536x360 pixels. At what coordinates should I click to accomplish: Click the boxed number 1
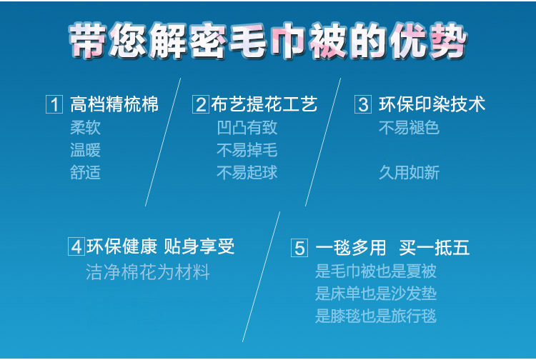(x=54, y=104)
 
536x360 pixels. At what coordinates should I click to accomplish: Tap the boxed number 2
(x=201, y=104)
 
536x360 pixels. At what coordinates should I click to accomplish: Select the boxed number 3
(x=363, y=104)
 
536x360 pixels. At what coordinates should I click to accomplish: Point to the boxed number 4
(x=76, y=246)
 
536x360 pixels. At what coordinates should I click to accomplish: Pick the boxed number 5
(x=299, y=248)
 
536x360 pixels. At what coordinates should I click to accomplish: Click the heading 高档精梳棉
(x=114, y=104)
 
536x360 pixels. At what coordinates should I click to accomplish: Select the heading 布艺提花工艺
(x=264, y=104)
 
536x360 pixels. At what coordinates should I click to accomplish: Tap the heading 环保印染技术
(x=432, y=104)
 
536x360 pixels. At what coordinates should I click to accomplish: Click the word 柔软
(x=86, y=128)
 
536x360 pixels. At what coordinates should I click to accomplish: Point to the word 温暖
(x=86, y=150)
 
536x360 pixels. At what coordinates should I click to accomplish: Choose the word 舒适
(x=86, y=172)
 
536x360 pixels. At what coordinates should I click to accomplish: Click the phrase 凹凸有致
(x=247, y=128)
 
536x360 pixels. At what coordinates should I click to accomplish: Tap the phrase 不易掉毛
(x=247, y=150)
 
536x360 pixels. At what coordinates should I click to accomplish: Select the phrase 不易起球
(x=247, y=172)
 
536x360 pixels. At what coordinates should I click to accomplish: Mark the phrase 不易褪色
(x=410, y=128)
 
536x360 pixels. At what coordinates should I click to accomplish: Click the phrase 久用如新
(x=410, y=172)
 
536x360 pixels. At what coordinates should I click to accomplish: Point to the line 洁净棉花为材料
(x=148, y=272)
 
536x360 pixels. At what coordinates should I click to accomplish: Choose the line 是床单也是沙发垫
(x=376, y=294)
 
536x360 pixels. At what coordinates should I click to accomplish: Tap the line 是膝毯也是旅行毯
(x=376, y=316)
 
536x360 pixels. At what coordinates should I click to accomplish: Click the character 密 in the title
(x=207, y=41)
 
